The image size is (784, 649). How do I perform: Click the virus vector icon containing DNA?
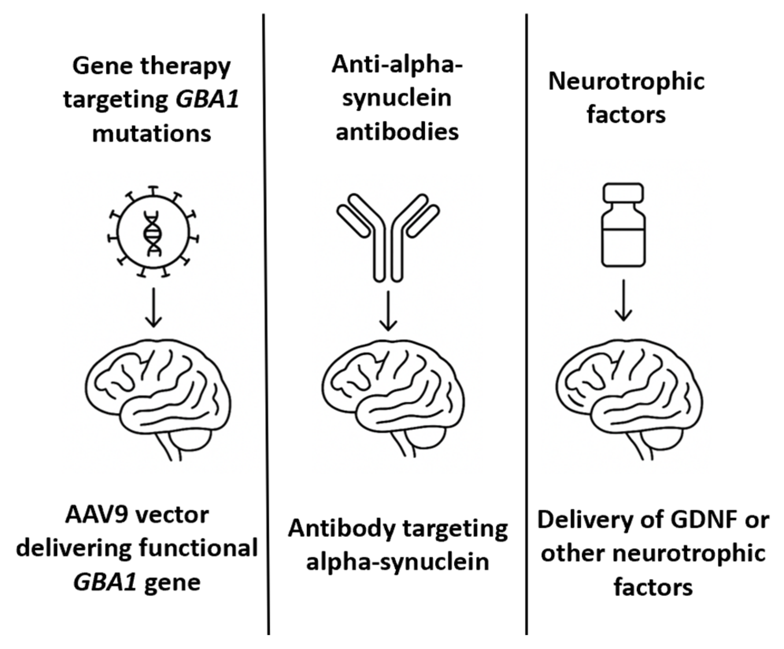tap(153, 232)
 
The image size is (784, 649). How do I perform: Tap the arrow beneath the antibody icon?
tap(388, 311)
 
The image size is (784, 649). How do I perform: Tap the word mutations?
tap(152, 134)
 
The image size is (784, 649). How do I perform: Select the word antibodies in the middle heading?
tap(397, 131)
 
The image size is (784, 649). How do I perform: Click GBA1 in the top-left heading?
tap(207, 100)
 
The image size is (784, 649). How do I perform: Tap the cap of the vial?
tap(623, 193)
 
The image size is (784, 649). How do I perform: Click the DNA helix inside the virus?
tap(153, 233)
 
